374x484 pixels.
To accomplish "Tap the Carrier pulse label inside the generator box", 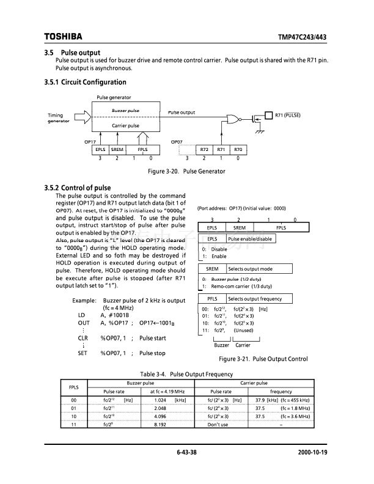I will pos(125,126).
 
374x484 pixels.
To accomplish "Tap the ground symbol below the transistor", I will pos(259,131).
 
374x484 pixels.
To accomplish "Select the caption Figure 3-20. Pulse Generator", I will pos(181,171).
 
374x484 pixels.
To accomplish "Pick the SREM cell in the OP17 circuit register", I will pos(117,149).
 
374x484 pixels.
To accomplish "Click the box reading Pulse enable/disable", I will pos(251,239).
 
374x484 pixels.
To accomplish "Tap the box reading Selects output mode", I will pos(251,269).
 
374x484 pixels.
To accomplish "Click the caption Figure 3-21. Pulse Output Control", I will pos(263,359).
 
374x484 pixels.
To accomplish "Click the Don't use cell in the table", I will pos(219,425).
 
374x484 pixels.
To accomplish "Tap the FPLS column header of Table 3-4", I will pos(73,387).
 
